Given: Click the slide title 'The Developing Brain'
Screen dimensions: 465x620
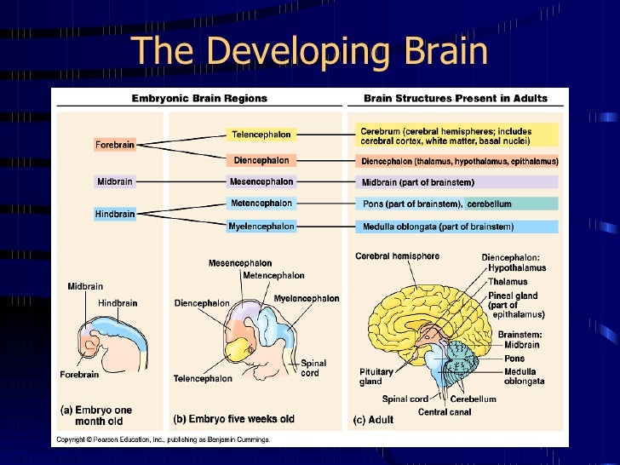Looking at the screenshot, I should [x=310, y=50].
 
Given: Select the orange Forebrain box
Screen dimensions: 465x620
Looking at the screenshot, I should [x=114, y=145].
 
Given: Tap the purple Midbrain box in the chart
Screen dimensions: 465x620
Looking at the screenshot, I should [x=114, y=181].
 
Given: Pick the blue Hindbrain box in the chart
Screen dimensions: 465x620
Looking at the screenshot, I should [x=114, y=214].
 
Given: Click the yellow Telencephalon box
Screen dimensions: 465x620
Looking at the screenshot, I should [x=261, y=135].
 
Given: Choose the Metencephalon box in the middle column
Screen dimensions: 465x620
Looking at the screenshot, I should [x=261, y=204].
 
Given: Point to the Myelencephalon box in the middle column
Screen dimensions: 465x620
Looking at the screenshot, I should [x=261, y=227].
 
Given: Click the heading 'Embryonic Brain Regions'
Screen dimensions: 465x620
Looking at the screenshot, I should [x=199, y=99].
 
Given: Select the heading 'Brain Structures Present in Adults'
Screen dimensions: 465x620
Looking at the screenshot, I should [x=456, y=99].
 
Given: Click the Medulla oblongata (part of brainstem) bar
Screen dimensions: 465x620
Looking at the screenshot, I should [x=456, y=227].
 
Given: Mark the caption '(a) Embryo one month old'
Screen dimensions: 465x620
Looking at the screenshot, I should [x=95, y=416].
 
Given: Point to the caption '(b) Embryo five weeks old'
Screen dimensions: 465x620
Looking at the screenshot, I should [x=233, y=419].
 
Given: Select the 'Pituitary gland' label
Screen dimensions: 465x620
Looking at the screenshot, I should [x=376, y=376].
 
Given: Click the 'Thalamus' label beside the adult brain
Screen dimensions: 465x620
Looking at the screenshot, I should [x=508, y=282].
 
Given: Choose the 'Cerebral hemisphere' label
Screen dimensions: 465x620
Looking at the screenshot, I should [x=397, y=256].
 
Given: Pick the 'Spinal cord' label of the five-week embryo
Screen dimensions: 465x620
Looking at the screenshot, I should [x=313, y=368].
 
